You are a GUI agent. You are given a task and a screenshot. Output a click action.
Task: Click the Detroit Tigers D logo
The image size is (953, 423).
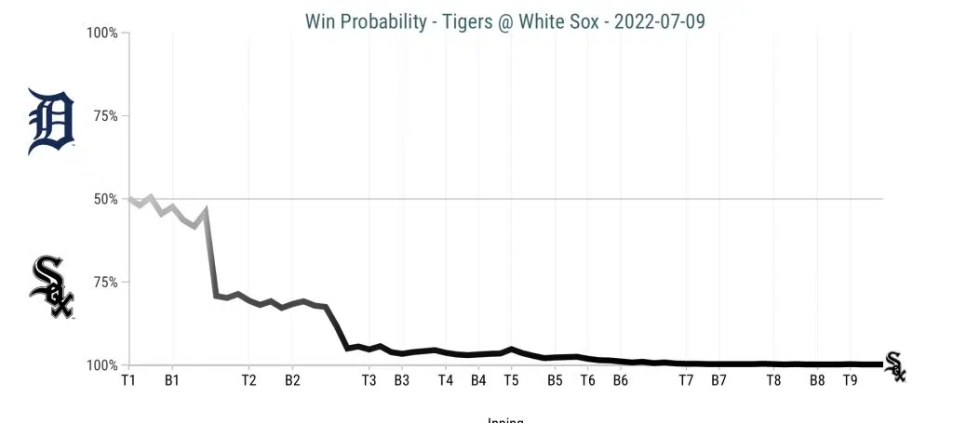51,120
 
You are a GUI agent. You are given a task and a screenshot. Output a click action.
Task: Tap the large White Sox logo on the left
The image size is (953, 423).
52,287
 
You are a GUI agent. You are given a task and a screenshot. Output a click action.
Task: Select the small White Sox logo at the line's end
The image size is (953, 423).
894,366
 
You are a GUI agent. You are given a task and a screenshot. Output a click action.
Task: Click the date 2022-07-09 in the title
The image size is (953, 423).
661,20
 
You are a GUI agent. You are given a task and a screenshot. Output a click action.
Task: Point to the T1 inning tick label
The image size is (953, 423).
128,380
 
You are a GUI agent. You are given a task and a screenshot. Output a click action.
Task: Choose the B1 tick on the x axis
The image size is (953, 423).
171,380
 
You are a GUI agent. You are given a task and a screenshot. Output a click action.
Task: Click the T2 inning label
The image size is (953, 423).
248,380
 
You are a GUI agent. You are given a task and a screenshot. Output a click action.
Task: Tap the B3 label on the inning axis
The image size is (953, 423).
401,380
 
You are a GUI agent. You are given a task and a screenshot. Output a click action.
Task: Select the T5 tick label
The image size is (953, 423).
511,380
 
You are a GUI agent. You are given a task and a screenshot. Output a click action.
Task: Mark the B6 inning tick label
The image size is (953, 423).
620,380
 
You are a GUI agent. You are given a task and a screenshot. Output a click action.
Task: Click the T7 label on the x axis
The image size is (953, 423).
686,380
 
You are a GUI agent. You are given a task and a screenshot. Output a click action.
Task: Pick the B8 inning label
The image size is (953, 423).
816,380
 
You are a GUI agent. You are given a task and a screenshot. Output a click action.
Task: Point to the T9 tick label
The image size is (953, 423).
849,380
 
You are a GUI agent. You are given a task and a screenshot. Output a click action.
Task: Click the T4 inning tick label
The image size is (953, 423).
446,380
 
